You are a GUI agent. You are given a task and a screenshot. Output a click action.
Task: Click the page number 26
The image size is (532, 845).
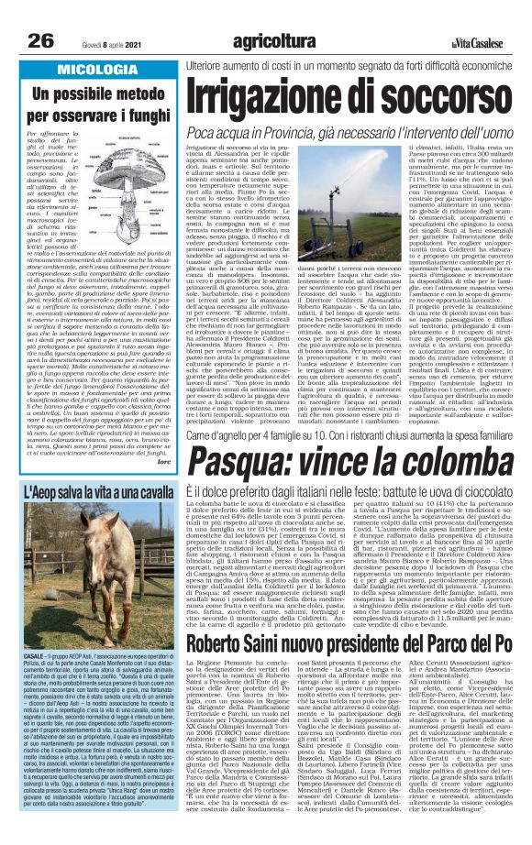tap(42, 41)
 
